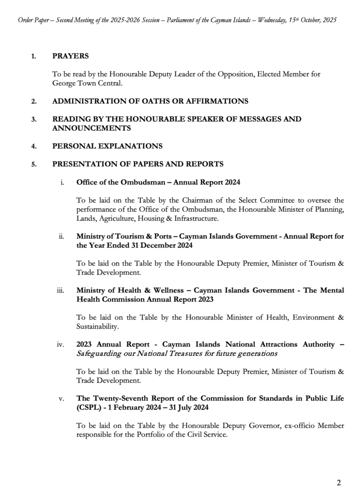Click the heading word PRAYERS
click(x=71, y=56)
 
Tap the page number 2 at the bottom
click(x=339, y=482)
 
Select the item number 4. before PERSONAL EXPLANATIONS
click(x=34, y=146)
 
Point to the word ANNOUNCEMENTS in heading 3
click(x=91, y=128)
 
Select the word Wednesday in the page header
click(x=261, y=21)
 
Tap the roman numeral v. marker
click(x=62, y=399)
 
